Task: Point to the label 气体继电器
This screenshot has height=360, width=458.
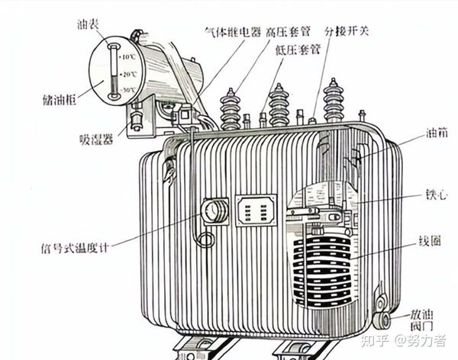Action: (x=233, y=33)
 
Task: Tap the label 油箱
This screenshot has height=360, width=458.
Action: (x=437, y=131)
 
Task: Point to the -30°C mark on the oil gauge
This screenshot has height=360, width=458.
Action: (x=127, y=91)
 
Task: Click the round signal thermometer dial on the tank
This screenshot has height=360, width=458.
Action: (x=214, y=211)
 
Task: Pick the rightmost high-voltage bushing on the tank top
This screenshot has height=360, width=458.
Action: (x=334, y=100)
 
